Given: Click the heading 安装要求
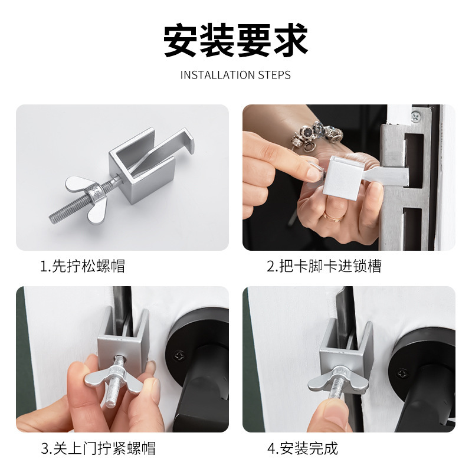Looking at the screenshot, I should tap(236, 40).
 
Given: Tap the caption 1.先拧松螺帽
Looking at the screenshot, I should tap(83, 266).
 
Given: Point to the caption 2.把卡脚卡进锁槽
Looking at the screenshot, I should tap(324, 266).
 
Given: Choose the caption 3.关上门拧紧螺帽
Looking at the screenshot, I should tap(98, 448).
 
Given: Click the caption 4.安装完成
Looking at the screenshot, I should tap(303, 448).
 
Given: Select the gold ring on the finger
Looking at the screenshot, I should tap(334, 217).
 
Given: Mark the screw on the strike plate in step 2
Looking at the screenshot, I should tap(417, 116).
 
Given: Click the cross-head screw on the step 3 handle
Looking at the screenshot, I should tap(178, 355).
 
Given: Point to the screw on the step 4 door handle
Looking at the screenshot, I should tap(403, 373).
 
